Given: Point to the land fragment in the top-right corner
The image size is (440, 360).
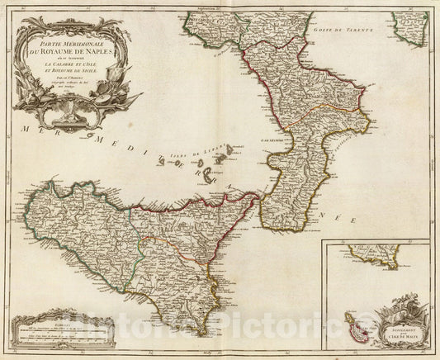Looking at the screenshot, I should [x=410, y=27].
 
